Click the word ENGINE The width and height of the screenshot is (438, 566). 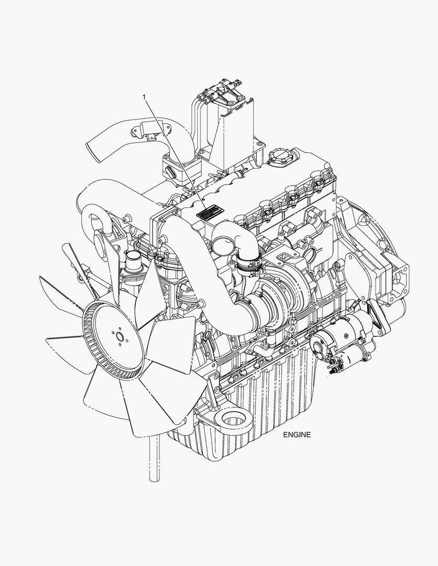297,434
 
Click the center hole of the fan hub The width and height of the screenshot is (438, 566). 119,338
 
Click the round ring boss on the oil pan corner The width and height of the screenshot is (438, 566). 233,422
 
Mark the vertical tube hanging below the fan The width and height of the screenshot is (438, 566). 154,459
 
